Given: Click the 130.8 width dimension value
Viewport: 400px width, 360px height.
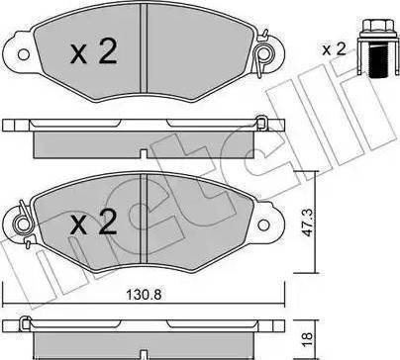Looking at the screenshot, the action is (x=145, y=295).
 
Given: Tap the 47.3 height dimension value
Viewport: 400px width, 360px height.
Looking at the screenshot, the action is (x=308, y=224).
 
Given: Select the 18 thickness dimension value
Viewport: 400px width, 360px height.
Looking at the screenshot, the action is (x=308, y=337).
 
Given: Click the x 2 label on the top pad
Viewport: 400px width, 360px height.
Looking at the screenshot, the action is (x=94, y=51).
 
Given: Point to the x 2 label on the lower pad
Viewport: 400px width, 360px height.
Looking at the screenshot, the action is (x=94, y=222).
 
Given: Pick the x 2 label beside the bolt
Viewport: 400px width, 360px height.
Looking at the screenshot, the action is (x=334, y=49).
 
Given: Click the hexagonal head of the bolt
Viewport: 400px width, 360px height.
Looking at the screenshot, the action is (x=377, y=26).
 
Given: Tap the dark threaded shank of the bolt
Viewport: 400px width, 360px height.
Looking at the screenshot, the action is (x=377, y=61).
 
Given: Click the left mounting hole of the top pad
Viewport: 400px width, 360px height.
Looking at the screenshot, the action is (x=24, y=54).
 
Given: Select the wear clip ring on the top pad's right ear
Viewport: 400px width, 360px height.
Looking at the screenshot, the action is (x=263, y=53).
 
